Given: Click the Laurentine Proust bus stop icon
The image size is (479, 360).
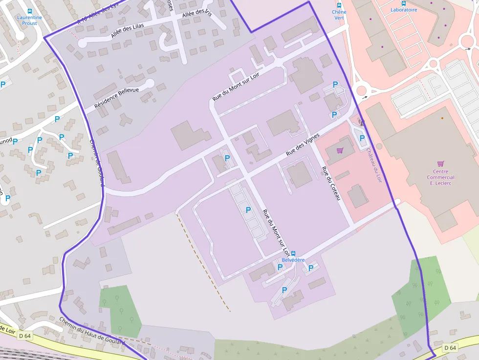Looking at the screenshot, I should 29,11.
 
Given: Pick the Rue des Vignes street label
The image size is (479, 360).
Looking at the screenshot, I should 303,145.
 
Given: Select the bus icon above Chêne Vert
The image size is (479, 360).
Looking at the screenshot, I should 339,5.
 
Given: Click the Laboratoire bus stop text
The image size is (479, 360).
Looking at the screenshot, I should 404,10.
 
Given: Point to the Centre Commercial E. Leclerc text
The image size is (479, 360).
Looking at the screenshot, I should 440,177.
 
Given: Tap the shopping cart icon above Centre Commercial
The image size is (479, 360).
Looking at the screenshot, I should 440,164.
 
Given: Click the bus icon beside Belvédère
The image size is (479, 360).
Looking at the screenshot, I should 293,254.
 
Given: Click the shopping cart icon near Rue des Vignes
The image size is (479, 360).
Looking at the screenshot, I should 340,150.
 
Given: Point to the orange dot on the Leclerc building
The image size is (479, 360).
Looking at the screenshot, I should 442,118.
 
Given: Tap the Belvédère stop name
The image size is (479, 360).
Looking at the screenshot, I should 293,260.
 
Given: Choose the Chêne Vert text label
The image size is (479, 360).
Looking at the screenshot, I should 339,15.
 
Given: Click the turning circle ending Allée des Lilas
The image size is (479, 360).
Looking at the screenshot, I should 82,43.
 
